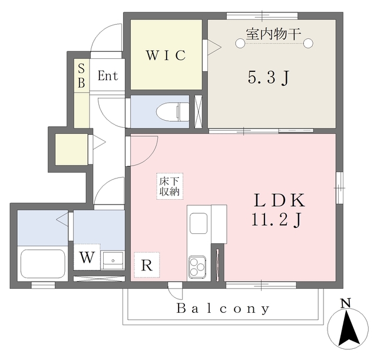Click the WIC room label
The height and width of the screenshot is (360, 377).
click(166, 55)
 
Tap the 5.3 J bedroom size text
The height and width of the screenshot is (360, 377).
click(268, 78)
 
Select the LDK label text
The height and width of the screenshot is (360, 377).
click(280, 200)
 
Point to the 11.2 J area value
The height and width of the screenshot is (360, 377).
click(276, 220)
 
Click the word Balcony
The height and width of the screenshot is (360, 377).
click(223, 308)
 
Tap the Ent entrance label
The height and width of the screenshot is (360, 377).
click(108, 76)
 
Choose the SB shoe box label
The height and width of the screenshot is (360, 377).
click(81, 76)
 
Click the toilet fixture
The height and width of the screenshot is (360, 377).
click(173, 112)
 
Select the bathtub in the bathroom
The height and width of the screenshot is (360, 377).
click(43, 263)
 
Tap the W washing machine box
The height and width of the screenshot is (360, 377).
click(87, 257)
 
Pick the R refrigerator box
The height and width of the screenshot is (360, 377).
click(147, 265)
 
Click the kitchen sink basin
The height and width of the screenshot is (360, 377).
click(199, 223)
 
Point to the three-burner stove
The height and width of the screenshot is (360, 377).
click(197, 267)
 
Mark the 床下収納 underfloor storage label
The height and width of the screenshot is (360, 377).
click(170, 186)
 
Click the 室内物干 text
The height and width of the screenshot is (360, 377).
click(273, 34)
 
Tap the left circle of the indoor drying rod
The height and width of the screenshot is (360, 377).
click(240, 43)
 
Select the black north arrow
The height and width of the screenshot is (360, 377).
click(348, 328)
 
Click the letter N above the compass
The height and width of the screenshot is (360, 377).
click(346, 303)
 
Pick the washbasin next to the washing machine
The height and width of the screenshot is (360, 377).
click(113, 260)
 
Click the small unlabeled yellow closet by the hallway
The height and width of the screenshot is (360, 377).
click(71, 149)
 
